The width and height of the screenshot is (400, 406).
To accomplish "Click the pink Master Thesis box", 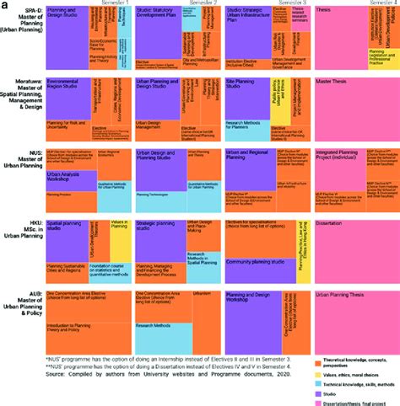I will coord(354,110).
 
